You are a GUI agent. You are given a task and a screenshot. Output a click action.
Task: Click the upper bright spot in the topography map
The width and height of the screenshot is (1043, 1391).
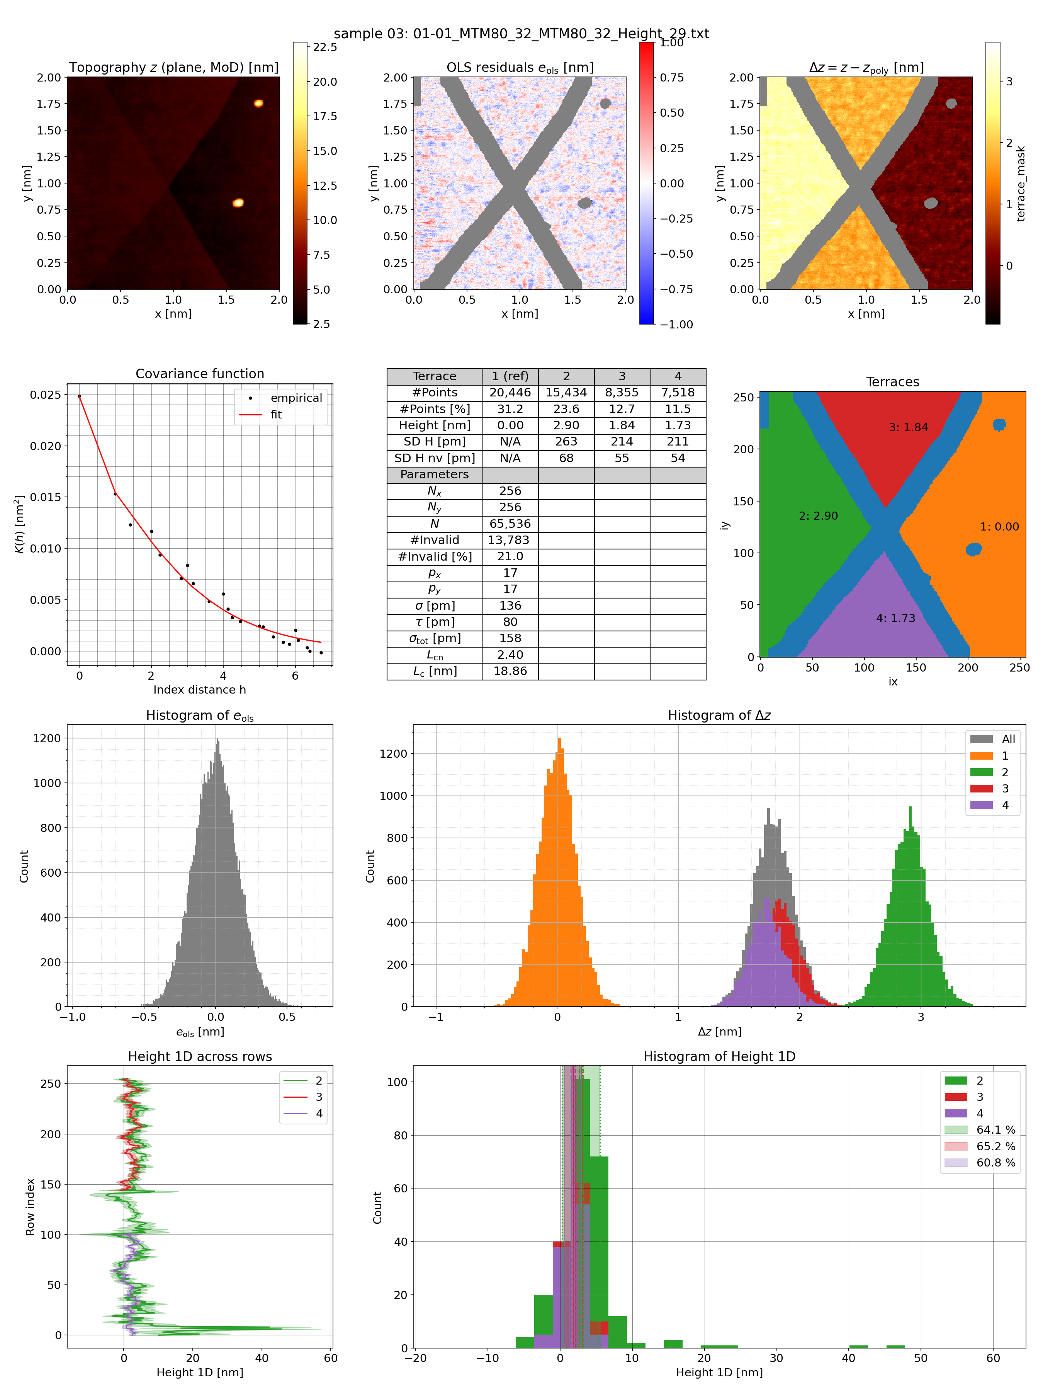(x=258, y=103)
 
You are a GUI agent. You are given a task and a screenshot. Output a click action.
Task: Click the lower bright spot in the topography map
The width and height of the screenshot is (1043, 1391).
(x=238, y=202)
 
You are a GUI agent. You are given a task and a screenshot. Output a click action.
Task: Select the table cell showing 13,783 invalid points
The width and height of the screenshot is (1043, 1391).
(x=510, y=540)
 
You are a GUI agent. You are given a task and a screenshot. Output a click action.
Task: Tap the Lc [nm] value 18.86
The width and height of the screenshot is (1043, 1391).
(x=510, y=672)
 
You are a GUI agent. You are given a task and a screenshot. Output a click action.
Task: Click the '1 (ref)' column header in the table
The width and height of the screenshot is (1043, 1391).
(x=510, y=376)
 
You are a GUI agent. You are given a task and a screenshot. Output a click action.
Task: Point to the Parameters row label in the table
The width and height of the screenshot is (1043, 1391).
(x=435, y=475)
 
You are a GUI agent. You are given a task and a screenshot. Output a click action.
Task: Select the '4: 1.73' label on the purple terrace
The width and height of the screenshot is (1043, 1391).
(x=895, y=619)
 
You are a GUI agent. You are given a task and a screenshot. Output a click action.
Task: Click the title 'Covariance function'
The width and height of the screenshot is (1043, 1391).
(x=200, y=374)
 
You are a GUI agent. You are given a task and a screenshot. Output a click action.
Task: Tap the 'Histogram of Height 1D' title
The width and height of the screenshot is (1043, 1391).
(x=719, y=1056)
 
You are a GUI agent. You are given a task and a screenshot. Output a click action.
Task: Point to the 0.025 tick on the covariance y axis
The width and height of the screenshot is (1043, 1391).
(x=45, y=395)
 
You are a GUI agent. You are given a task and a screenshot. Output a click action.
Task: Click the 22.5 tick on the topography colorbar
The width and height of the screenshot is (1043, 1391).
(x=325, y=47)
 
